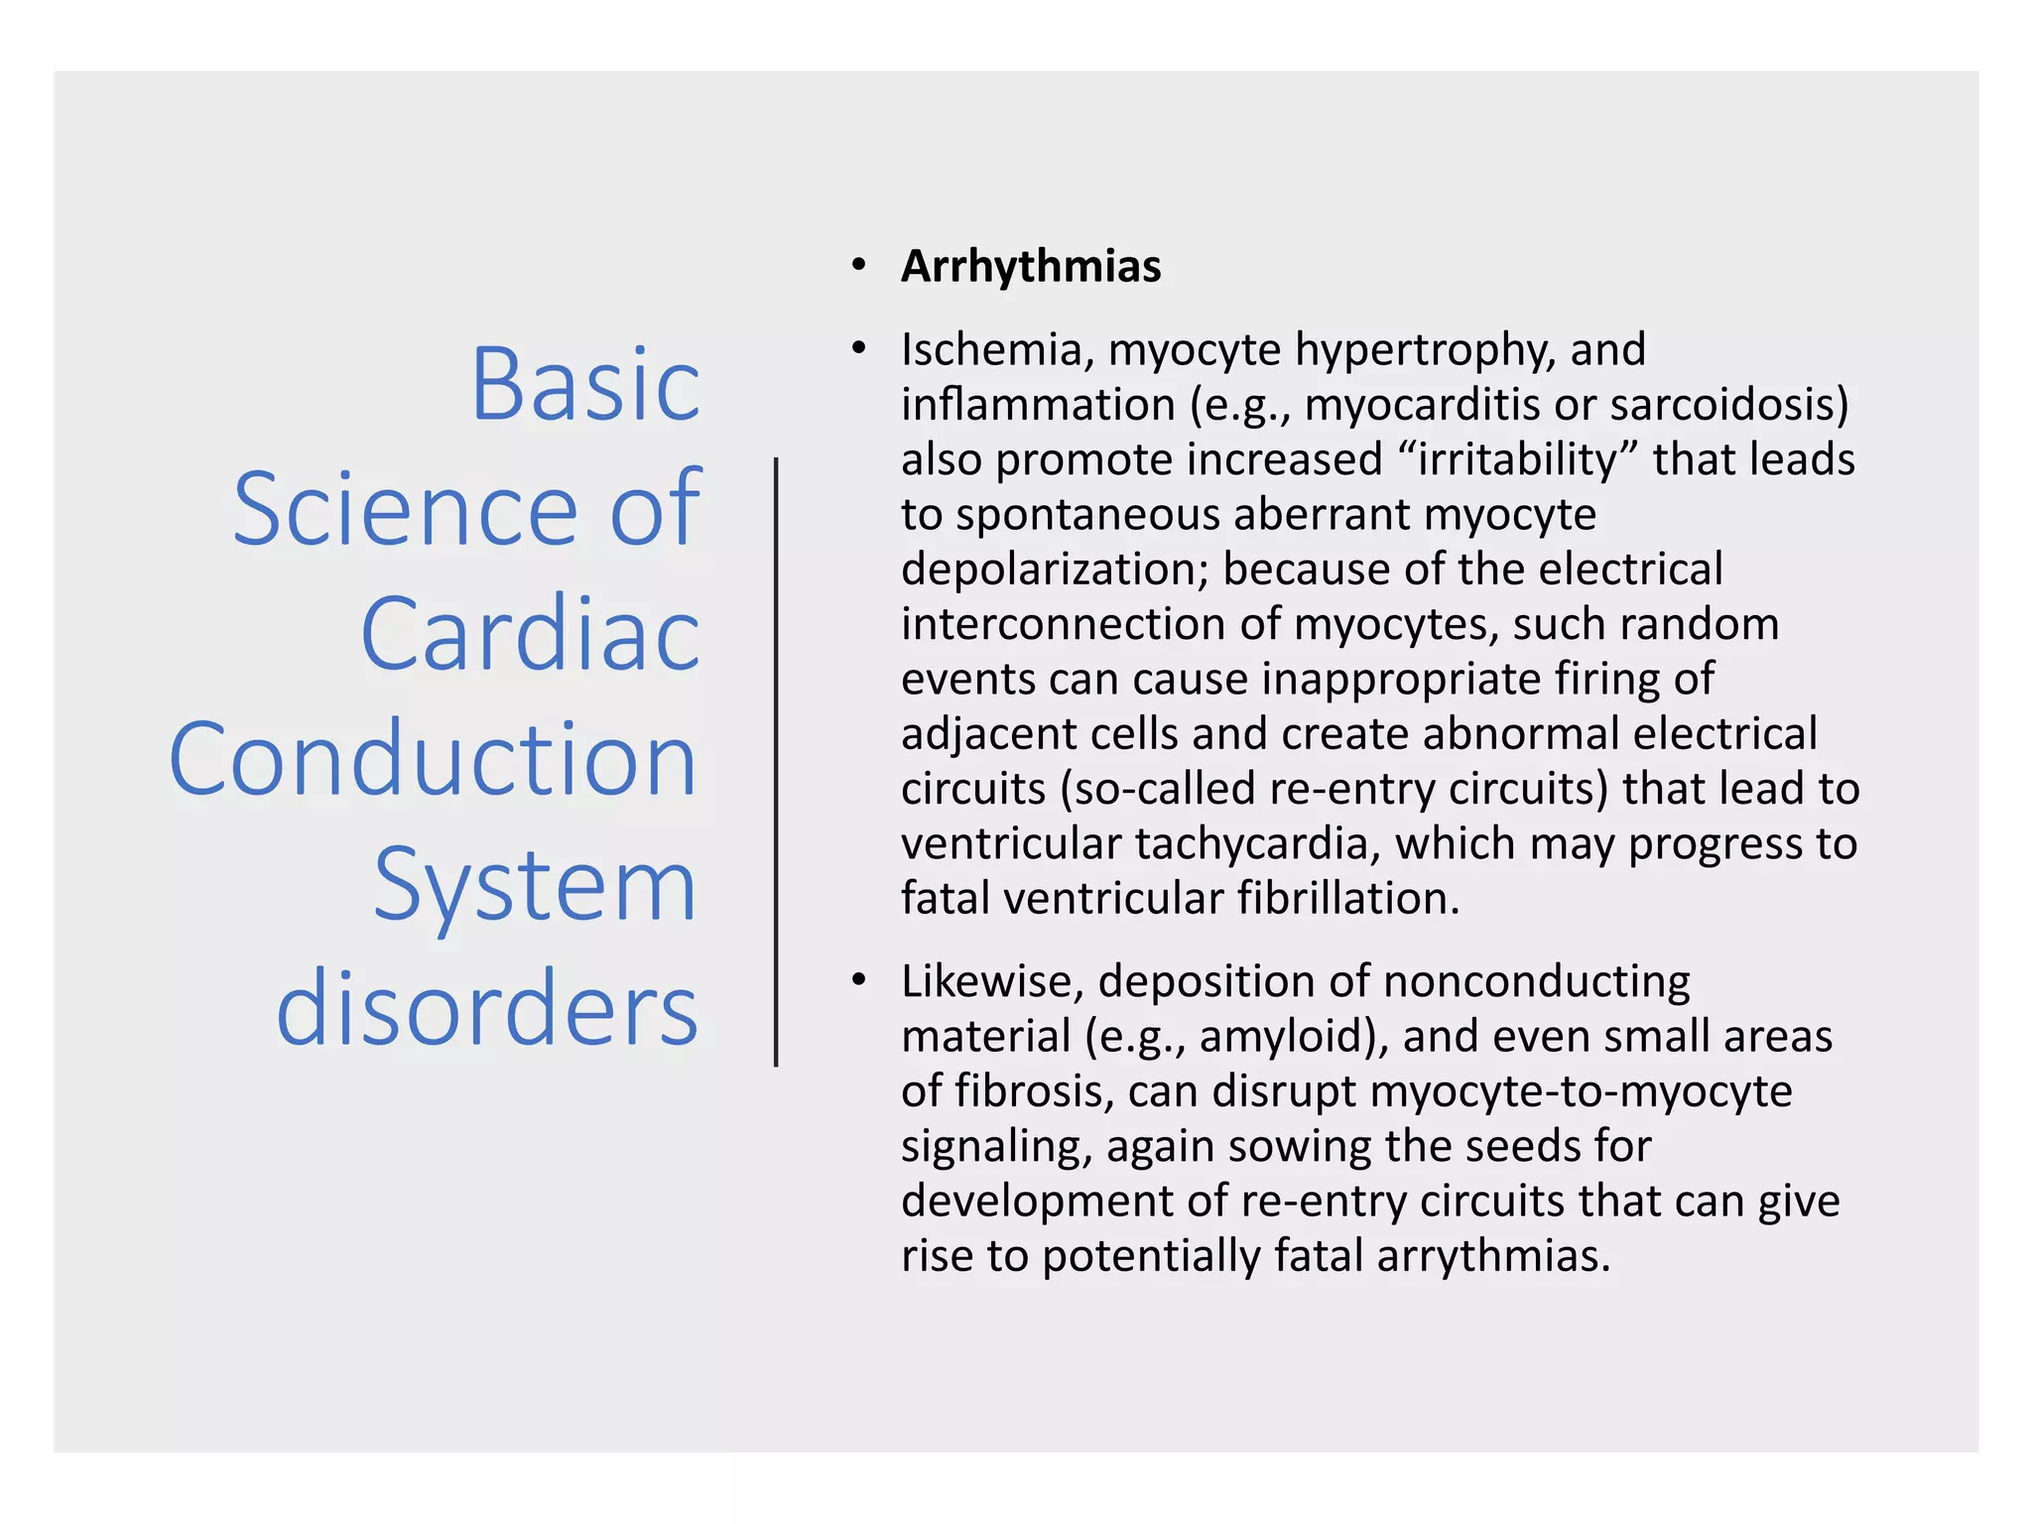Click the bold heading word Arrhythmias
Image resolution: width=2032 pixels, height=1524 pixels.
click(1030, 267)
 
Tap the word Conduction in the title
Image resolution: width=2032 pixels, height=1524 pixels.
click(434, 759)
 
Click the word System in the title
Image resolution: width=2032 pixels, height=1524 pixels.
click(535, 885)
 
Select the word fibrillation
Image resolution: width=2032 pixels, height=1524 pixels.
click(1348, 899)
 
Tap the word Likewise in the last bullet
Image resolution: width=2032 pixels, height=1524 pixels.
click(991, 981)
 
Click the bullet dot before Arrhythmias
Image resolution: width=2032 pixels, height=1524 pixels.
click(858, 266)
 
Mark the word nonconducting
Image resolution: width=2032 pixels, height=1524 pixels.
click(1537, 981)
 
